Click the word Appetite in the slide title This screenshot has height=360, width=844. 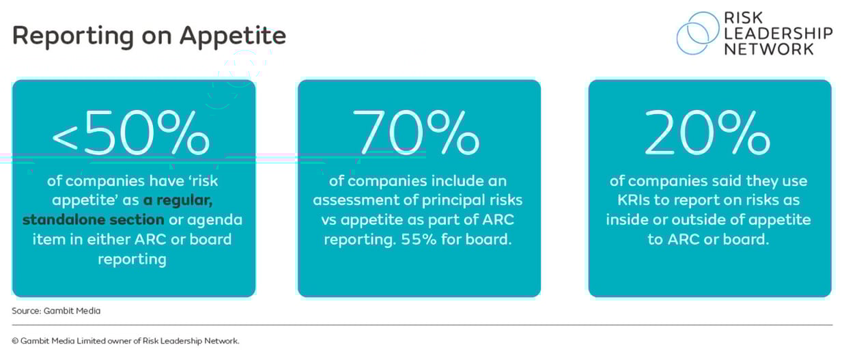pyautogui.click(x=233, y=36)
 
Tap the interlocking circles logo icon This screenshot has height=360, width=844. pyautogui.click(x=697, y=33)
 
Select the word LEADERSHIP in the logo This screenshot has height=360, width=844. pyautogui.click(x=778, y=33)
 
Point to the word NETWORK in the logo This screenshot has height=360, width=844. pyautogui.click(x=770, y=49)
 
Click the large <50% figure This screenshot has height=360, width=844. pyautogui.click(x=131, y=134)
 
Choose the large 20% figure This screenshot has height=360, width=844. pyautogui.click(x=708, y=134)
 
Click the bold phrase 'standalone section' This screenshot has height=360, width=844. pyautogui.click(x=93, y=220)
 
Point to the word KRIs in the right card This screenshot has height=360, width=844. pyautogui.click(x=623, y=201)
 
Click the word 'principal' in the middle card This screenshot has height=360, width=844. pyautogui.click(x=455, y=200)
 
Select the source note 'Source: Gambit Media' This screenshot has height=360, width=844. pyautogui.click(x=56, y=311)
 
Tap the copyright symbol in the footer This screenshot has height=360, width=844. pyautogui.click(x=15, y=341)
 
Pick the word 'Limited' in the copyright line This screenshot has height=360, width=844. pyautogui.click(x=102, y=341)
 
